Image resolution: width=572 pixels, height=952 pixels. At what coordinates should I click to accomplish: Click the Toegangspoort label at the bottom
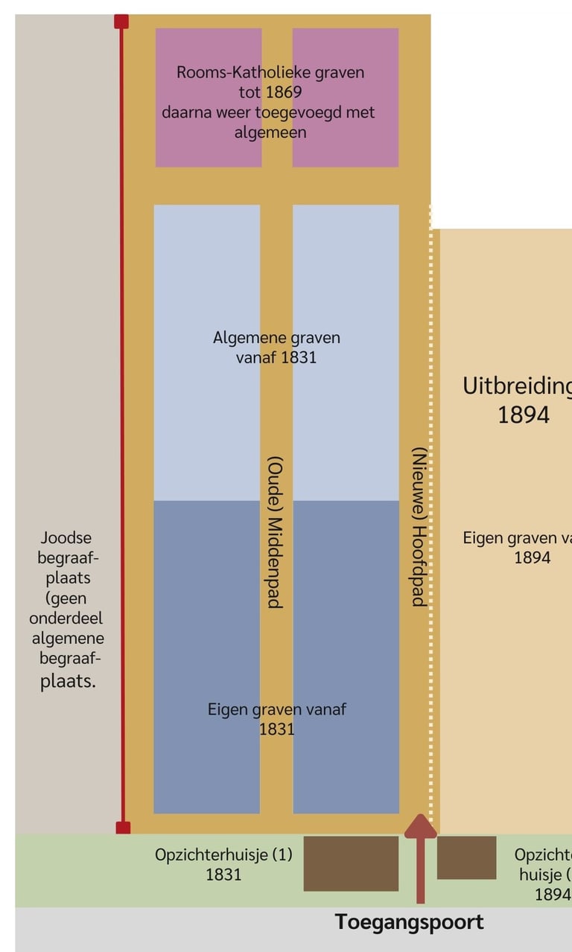tap(409, 922)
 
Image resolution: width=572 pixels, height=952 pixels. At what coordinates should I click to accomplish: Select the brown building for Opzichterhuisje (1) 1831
tap(351, 863)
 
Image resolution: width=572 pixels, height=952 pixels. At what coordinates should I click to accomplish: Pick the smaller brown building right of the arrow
tap(466, 857)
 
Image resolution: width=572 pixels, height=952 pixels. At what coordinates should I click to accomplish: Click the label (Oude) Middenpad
tap(275, 531)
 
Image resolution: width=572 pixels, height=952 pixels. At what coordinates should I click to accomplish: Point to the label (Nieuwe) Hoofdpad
tap(419, 527)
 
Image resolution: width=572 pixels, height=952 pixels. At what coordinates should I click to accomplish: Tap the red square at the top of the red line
tap(121, 22)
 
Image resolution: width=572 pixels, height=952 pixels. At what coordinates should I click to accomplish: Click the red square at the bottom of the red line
tap(123, 827)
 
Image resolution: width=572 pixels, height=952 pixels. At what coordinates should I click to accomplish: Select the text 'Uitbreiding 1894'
tap(521, 400)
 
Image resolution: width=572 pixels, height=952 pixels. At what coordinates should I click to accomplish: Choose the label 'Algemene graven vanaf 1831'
tap(276, 347)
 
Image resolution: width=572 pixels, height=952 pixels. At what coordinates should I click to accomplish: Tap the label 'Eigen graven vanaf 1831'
tap(276, 718)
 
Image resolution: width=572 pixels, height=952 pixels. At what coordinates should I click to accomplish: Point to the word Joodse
tap(66, 537)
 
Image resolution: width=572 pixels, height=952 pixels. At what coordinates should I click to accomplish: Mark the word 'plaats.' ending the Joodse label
tap(68, 680)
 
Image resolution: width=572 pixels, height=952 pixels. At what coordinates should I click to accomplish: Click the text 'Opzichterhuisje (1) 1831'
tap(223, 863)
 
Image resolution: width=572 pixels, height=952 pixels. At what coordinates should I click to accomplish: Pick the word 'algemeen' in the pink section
tap(270, 132)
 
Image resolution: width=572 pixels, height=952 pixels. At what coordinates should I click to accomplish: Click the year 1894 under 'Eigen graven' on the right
tap(532, 558)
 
